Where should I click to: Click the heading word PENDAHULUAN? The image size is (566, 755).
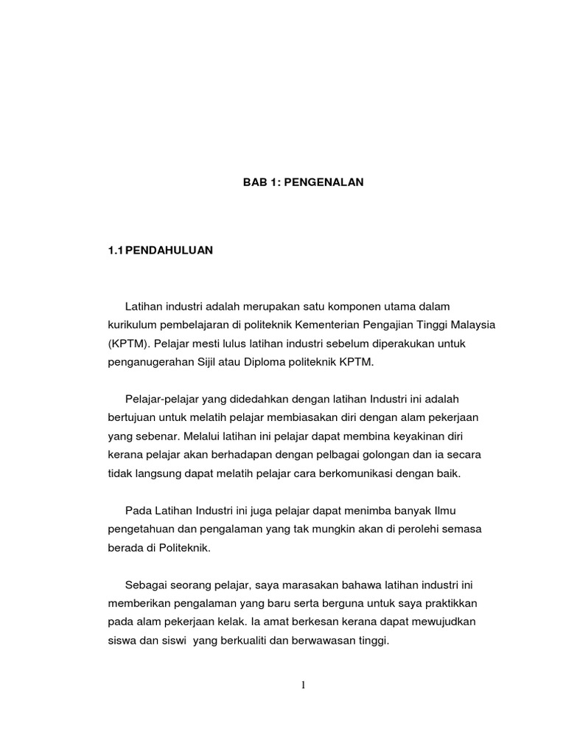pyautogui.click(x=170, y=251)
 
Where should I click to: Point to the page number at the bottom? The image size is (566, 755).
pyautogui.click(x=303, y=686)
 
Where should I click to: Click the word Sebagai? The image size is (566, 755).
pyautogui.click(x=144, y=585)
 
